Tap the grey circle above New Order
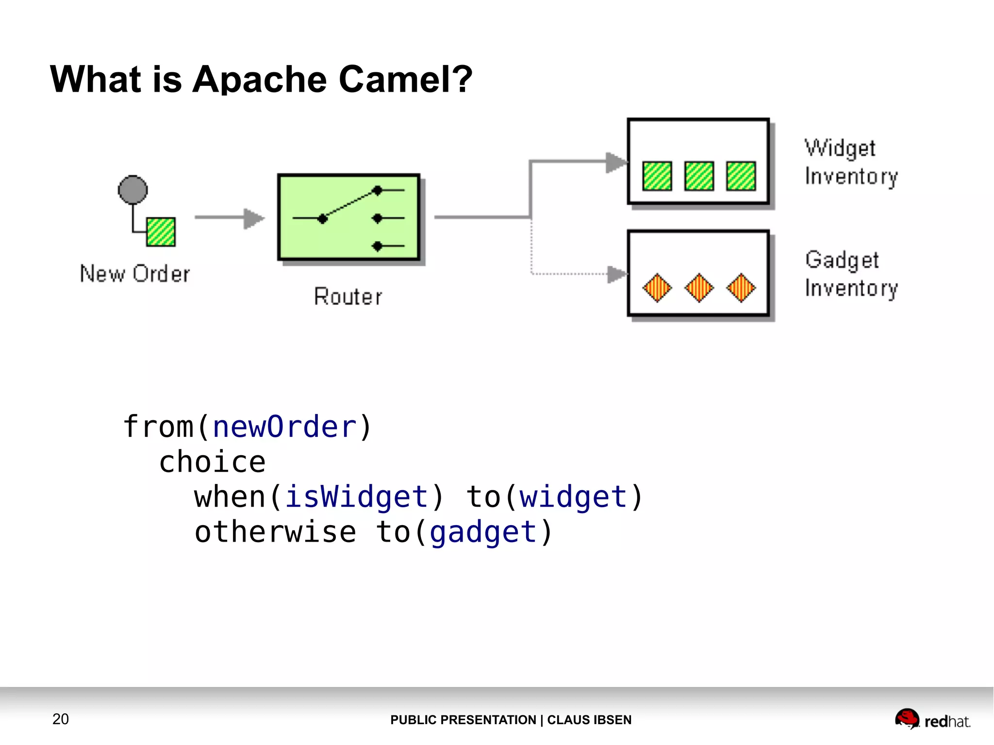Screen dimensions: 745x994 [x=133, y=189]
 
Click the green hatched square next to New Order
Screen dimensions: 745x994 [x=161, y=232]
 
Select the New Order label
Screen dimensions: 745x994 [x=135, y=274]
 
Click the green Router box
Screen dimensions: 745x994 [x=348, y=217]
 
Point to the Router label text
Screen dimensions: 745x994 [x=348, y=297]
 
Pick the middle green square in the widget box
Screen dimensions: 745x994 [x=699, y=176]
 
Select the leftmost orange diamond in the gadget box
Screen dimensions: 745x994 [x=657, y=288]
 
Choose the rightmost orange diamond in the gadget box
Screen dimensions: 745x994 [x=741, y=288]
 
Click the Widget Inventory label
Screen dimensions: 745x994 [x=851, y=162]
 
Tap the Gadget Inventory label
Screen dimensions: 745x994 [x=851, y=274]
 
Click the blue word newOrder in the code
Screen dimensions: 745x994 [x=285, y=427]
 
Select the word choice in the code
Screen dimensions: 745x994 [x=213, y=462]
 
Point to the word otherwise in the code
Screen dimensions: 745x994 [x=275, y=532]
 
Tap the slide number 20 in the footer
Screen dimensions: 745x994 [x=61, y=719]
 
